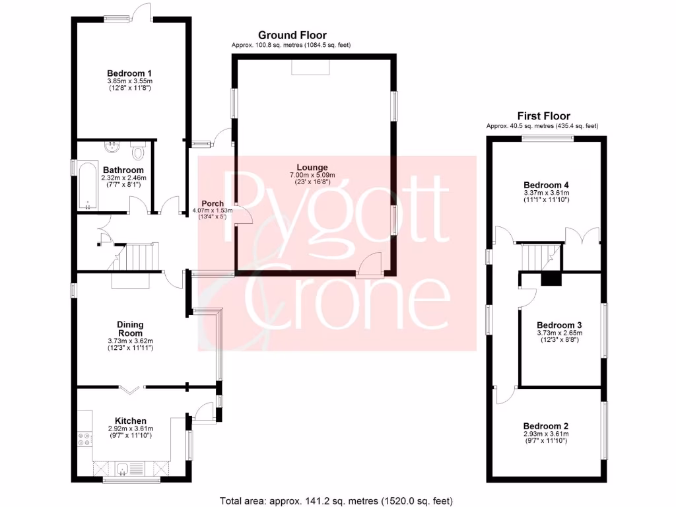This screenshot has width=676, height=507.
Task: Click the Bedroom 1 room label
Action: pos(130,73)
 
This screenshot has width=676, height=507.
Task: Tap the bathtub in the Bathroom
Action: pos(86,185)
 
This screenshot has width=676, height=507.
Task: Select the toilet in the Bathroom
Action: pos(138,152)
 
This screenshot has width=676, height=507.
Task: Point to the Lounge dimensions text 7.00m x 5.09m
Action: pos(312,175)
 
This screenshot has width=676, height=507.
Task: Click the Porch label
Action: pos(213,203)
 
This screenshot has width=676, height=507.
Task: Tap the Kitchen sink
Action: pos(123,469)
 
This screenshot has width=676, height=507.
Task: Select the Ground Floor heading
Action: pos(292,35)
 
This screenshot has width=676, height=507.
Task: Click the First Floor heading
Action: pos(543,116)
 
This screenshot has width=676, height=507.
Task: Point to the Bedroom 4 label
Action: pos(546,185)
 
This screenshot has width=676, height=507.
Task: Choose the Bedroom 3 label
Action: pos(559,325)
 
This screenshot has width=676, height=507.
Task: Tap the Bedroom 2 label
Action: pos(546,426)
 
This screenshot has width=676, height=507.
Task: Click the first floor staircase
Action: pos(536,253)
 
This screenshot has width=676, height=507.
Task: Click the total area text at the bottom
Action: pos(336,500)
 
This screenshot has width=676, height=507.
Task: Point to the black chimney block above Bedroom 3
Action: pos(550,279)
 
